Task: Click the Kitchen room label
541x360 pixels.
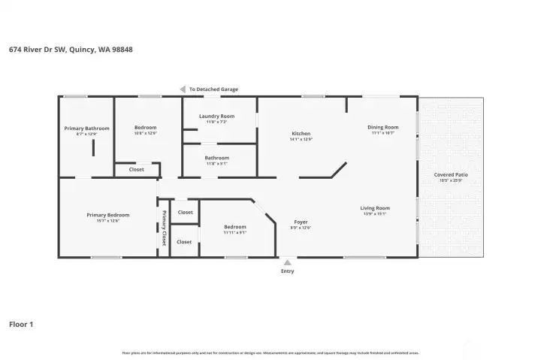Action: pyautogui.click(x=300, y=134)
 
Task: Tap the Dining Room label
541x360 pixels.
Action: pyautogui.click(x=382, y=127)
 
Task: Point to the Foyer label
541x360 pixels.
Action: pyautogui.click(x=301, y=222)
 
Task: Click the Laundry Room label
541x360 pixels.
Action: pyautogui.click(x=216, y=116)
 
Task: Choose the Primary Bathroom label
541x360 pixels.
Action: pyautogui.click(x=86, y=128)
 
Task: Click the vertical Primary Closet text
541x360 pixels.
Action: pyautogui.click(x=164, y=228)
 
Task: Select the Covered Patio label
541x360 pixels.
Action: pyautogui.click(x=451, y=174)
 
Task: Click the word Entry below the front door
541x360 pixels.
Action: pyautogui.click(x=287, y=271)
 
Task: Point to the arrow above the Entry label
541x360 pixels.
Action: pyautogui.click(x=287, y=262)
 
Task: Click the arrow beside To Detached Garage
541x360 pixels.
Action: pyautogui.click(x=182, y=89)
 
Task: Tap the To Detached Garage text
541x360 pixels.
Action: pyautogui.click(x=213, y=89)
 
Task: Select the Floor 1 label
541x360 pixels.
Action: pyautogui.click(x=21, y=325)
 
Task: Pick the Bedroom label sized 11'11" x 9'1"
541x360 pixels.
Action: pyautogui.click(x=234, y=227)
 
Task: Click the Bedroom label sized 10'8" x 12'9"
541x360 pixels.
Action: pyautogui.click(x=145, y=127)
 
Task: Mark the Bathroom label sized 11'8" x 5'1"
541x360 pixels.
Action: pyautogui.click(x=216, y=158)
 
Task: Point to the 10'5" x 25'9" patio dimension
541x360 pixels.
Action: pyautogui.click(x=451, y=180)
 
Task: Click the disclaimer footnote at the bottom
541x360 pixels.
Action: pyautogui.click(x=270, y=352)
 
